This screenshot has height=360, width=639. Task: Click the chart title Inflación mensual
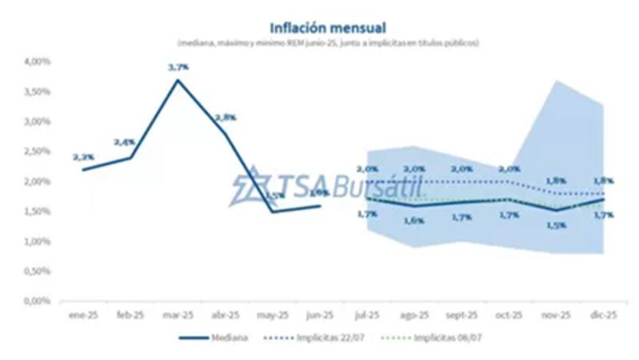[x=319, y=28]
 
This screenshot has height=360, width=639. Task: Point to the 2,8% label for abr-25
[x=224, y=117]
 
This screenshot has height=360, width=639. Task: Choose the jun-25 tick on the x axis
[x=319, y=316]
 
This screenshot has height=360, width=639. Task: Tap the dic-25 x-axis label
[x=602, y=316]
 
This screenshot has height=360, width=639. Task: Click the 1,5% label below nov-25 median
[x=556, y=225]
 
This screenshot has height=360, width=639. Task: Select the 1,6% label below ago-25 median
[x=414, y=220]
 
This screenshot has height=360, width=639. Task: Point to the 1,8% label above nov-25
[x=556, y=180]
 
